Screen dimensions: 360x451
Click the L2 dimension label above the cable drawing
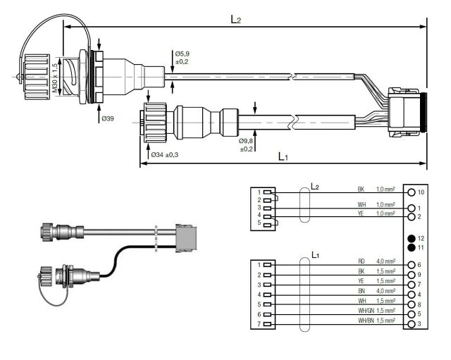pos(236,20)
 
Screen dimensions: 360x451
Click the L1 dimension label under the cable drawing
pos(283,156)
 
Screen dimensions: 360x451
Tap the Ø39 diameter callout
pos(107,118)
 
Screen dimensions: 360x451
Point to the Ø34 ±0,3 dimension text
pos(163,154)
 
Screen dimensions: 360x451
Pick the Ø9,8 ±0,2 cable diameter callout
pos(247,144)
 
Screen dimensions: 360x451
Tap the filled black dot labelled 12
pos(411,239)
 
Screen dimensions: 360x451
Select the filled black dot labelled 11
pos(411,248)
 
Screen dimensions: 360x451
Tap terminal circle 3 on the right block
pos(411,323)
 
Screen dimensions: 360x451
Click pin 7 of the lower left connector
pos(267,323)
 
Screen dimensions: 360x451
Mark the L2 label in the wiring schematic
pos(315,187)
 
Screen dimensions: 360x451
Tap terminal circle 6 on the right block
pos(411,264)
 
